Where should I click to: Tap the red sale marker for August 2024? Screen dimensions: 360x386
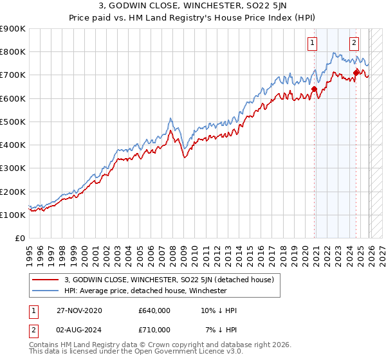coord(356,72)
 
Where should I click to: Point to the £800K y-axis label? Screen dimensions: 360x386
coord(12,52)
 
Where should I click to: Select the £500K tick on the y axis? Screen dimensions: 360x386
coord(12,122)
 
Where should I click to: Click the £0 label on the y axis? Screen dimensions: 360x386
coord(19,238)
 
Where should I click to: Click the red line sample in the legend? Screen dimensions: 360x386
coord(46,280)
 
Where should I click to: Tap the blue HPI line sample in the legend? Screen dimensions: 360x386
coord(46,291)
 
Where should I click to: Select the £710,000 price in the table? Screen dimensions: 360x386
coord(154,330)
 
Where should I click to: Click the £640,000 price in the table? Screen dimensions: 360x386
coord(154,310)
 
